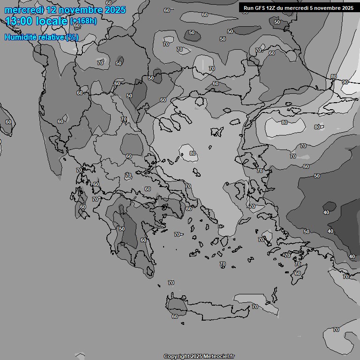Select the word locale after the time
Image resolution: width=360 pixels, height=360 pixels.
[52, 21]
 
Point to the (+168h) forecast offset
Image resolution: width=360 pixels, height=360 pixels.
[83, 21]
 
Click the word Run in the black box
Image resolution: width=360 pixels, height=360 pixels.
[248, 8]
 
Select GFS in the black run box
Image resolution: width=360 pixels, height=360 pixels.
[260, 8]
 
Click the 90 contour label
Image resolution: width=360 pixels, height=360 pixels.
[345, 82]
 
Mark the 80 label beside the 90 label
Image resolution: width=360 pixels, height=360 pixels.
[333, 76]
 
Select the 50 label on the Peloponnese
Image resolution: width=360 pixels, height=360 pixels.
[122, 229]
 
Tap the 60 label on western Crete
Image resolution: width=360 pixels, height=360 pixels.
[175, 316]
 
